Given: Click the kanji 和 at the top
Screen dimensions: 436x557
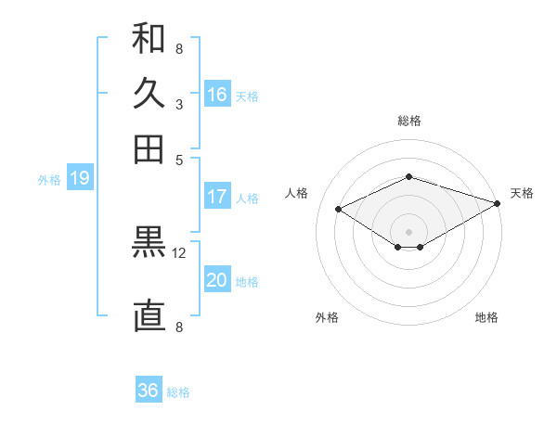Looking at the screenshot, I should pyautogui.click(x=149, y=40).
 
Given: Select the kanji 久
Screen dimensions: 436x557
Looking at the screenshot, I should pyautogui.click(x=149, y=95).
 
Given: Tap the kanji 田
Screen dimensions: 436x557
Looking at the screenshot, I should pyautogui.click(x=149, y=148).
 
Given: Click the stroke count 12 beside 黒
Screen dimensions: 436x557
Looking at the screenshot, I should pyautogui.click(x=179, y=252).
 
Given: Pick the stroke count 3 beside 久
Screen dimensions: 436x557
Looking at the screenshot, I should pyautogui.click(x=178, y=104).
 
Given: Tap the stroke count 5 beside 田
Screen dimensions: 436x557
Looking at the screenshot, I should pyautogui.click(x=179, y=159).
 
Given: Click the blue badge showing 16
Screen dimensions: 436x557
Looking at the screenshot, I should pyautogui.click(x=217, y=95).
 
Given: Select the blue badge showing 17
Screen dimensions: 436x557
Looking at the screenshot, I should pyautogui.click(x=217, y=197).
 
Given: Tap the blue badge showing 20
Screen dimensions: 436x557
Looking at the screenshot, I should pyautogui.click(x=217, y=280).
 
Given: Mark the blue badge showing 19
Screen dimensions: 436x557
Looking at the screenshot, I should pyautogui.click(x=80, y=179).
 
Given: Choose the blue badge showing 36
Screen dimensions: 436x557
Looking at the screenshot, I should pyautogui.click(x=149, y=391).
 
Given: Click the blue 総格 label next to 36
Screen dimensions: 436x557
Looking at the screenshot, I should pyautogui.click(x=178, y=392).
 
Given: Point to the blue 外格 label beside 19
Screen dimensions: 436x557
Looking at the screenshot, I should pyautogui.click(x=49, y=180).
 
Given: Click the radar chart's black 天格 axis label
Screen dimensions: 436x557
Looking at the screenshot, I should pyautogui.click(x=522, y=193).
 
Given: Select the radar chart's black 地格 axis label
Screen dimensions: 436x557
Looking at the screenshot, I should pyautogui.click(x=486, y=317).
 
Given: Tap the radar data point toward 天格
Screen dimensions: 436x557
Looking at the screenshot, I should pyautogui.click(x=498, y=202).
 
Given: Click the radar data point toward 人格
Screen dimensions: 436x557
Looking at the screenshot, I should pyautogui.click(x=339, y=210).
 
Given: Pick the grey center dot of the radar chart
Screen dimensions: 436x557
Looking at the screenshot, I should pyautogui.click(x=409, y=231).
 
